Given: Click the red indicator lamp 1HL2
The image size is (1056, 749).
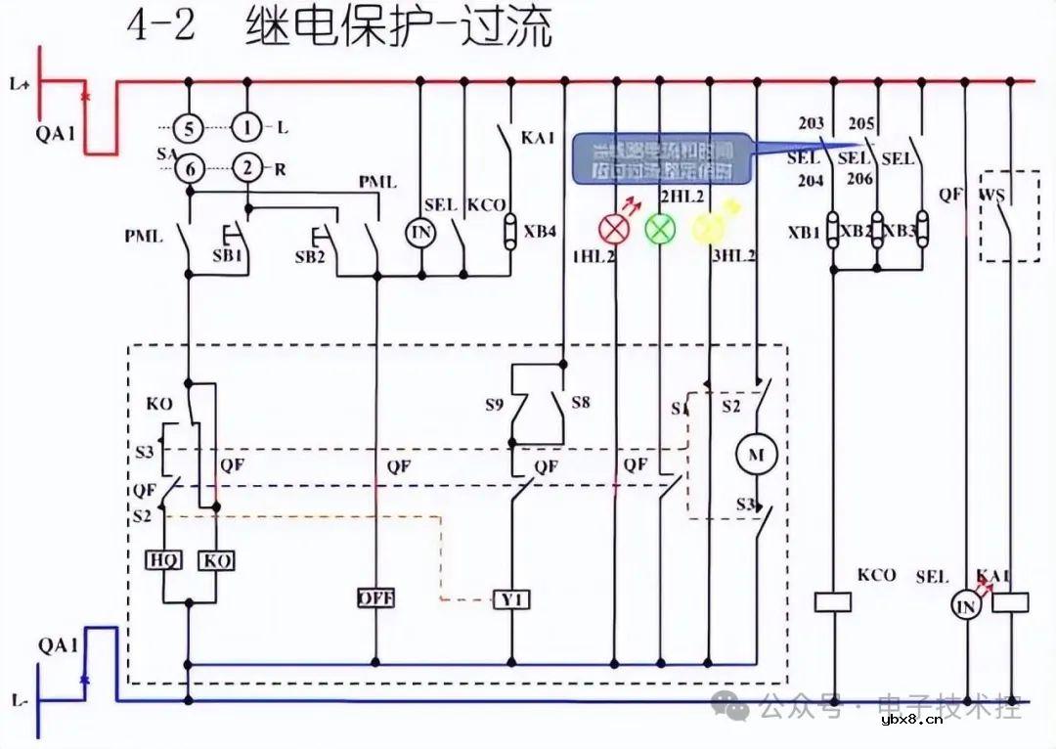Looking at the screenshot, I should pyautogui.click(x=615, y=228).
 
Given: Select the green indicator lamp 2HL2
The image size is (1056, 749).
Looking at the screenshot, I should pyautogui.click(x=660, y=228).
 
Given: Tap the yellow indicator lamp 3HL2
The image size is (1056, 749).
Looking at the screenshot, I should pyautogui.click(x=706, y=228).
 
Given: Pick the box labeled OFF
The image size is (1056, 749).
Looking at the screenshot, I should pyautogui.click(x=375, y=596).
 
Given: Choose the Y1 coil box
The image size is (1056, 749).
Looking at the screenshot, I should pyautogui.click(x=510, y=598).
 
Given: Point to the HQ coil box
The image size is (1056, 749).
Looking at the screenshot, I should pyautogui.click(x=162, y=560).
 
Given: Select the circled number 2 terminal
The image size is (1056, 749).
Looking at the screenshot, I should pyautogui.click(x=247, y=168).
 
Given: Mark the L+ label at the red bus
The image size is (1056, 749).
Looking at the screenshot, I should pyautogui.click(x=21, y=85).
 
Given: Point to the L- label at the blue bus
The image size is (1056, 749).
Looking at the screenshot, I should pyautogui.click(x=21, y=701).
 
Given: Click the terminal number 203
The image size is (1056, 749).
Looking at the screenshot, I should pyautogui.click(x=811, y=124).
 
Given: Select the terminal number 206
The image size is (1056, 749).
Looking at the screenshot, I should pyautogui.click(x=858, y=179).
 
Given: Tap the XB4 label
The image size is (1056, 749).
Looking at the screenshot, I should pyautogui.click(x=540, y=232).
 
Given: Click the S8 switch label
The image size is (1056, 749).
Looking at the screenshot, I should pyautogui.click(x=581, y=402).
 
